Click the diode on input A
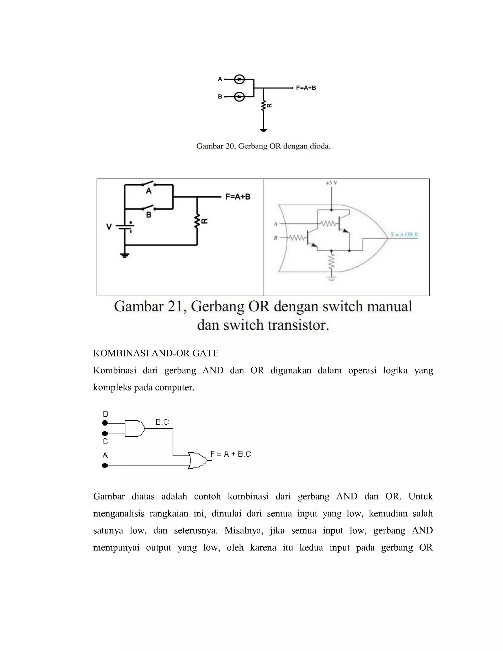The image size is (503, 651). tap(239, 79)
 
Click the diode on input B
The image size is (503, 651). tap(239, 97)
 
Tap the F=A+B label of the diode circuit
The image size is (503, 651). tap(306, 88)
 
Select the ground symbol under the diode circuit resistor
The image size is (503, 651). tap(263, 130)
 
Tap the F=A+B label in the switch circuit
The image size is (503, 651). tap(238, 197)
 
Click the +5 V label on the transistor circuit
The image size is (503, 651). tap(331, 183)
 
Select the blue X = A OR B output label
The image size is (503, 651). tap(404, 235)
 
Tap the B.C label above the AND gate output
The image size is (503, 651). tap(162, 422)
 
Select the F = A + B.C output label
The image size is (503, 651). tap(231, 454)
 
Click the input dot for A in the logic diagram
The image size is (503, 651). tap(105, 465)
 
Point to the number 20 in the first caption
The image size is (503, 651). tap(229, 146)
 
